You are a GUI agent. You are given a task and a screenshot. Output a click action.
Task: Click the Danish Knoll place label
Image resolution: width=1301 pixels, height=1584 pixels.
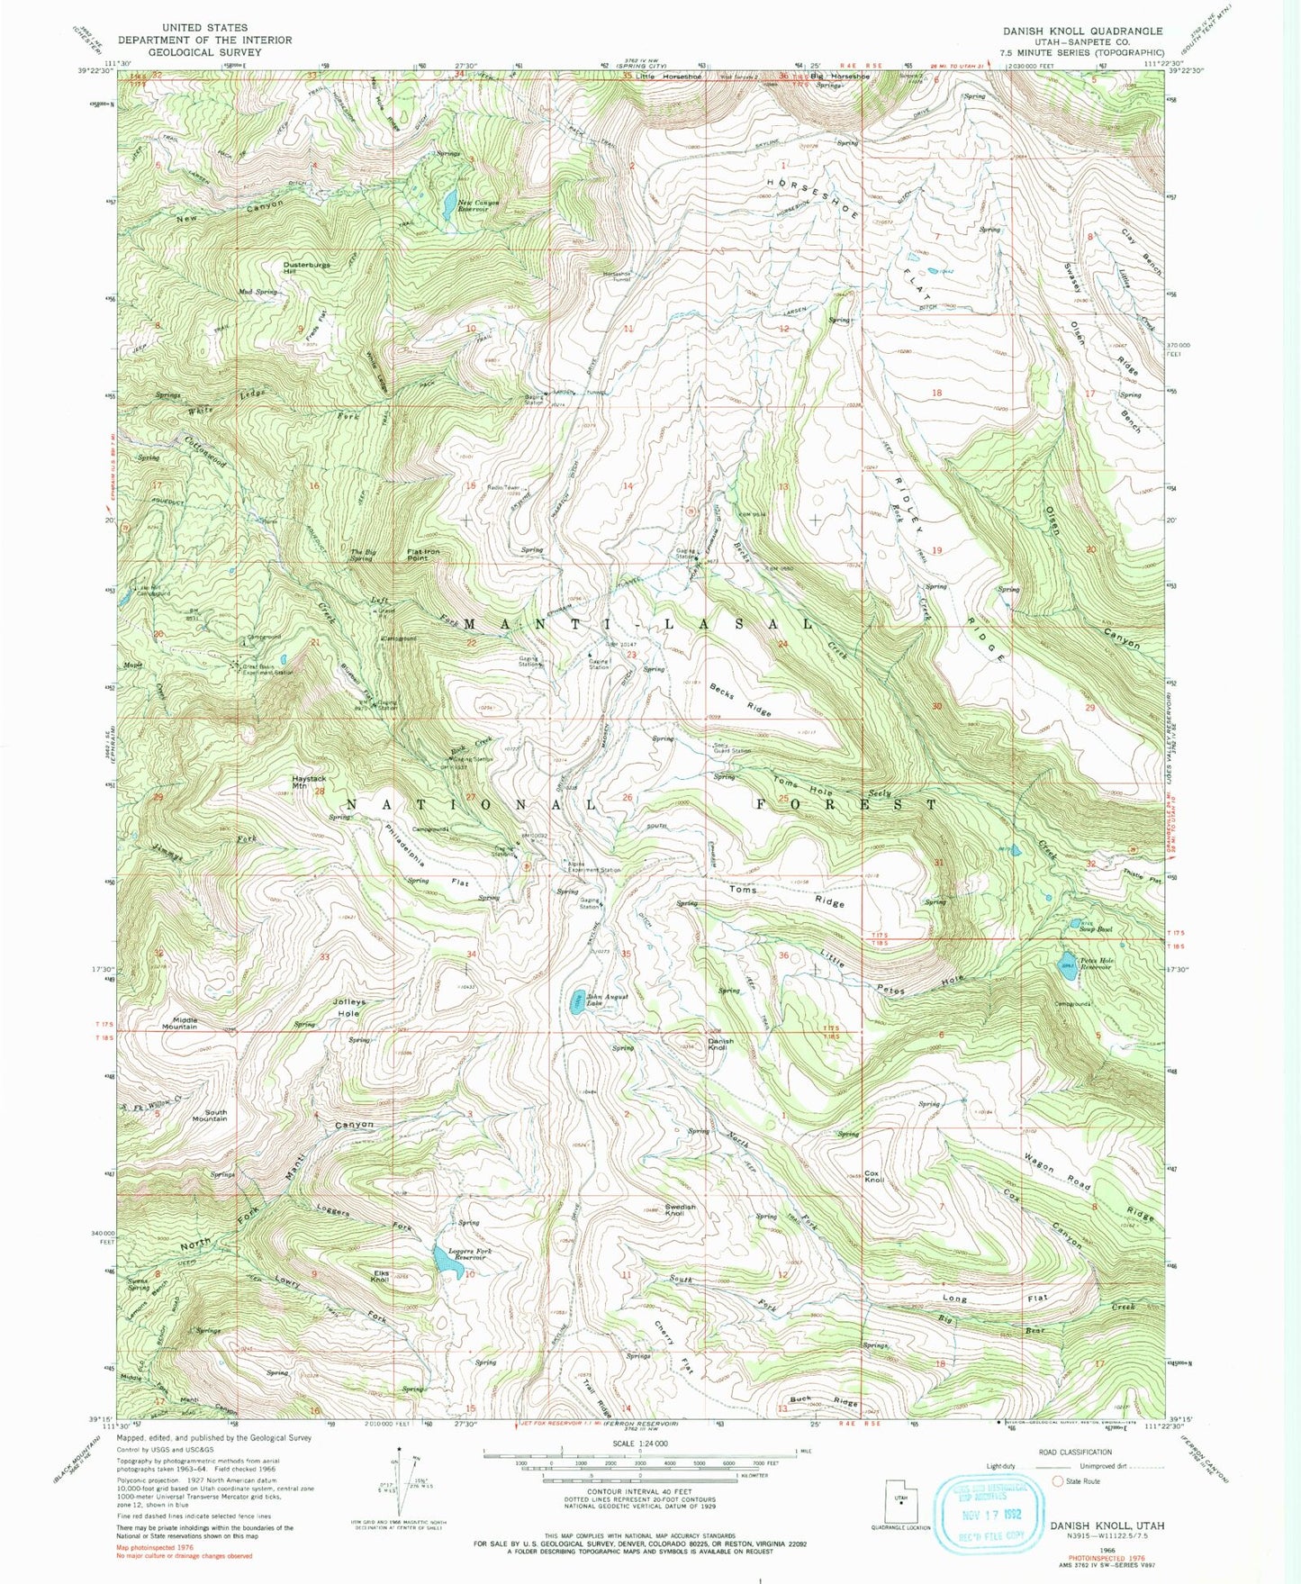coord(720,1045)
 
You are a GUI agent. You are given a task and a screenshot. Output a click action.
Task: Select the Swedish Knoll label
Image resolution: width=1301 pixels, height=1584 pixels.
coord(681,1209)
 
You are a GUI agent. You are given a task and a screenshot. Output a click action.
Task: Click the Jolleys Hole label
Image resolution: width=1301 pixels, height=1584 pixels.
coord(347,1008)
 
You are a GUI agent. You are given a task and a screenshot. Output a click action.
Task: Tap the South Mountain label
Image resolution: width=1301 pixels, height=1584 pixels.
coord(210,1115)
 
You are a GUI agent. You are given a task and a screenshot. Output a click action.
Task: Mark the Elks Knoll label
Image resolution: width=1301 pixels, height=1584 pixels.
coord(379,1275)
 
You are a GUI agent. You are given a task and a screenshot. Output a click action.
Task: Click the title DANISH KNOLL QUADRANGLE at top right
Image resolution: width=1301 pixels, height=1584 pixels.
coord(1082,31)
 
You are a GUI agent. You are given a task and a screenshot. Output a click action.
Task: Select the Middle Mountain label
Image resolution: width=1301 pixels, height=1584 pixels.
coord(180,1022)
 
